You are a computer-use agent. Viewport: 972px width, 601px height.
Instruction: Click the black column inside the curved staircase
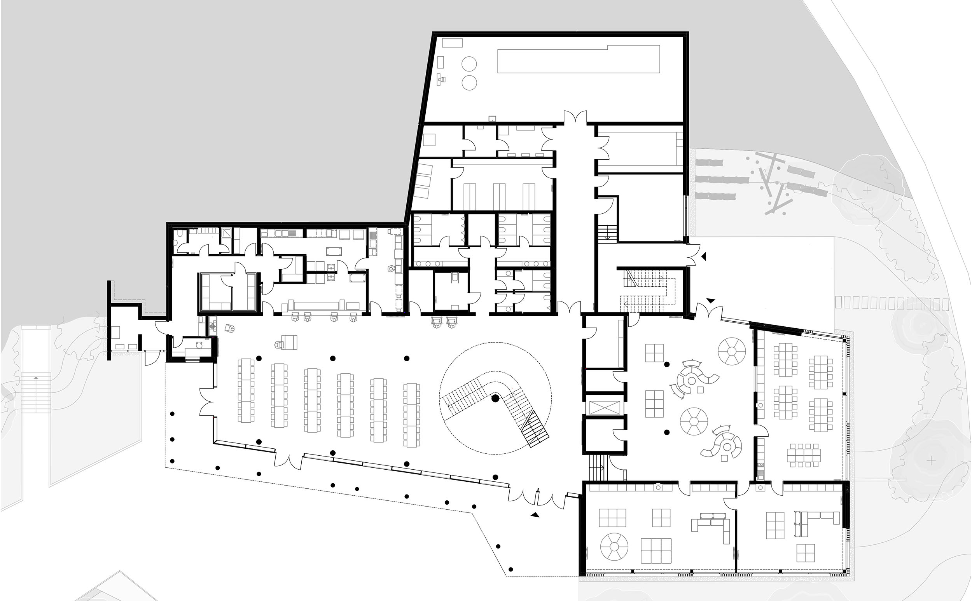495,398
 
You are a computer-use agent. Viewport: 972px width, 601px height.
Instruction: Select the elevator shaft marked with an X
605,408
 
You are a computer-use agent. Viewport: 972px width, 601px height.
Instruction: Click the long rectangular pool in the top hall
579,59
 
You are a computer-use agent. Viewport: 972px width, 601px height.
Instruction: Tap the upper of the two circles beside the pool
469,64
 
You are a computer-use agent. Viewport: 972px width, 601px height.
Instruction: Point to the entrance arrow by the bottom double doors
535,515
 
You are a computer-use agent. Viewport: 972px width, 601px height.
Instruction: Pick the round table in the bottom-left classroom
614,547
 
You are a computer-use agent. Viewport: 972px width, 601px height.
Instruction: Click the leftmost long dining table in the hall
246,390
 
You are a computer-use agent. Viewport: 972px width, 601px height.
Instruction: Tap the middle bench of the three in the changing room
499,196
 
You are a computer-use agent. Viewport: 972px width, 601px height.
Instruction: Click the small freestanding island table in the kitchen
333,251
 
